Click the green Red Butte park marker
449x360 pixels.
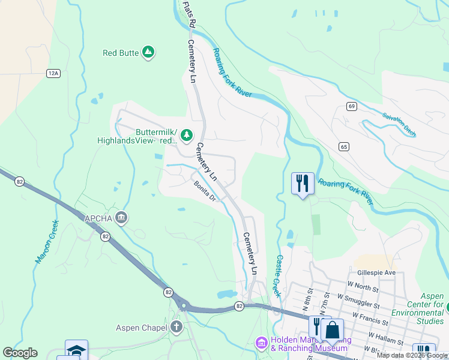[148, 53]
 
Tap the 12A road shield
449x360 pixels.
[53, 73]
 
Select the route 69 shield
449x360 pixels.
[352, 106]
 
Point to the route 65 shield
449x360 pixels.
[343, 146]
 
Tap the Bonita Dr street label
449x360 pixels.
[204, 192]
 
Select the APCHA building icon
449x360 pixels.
[121, 218]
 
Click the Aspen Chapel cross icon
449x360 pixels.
[176, 327]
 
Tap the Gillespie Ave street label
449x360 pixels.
[376, 272]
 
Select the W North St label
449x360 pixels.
[362, 288]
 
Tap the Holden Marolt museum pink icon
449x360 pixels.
[261, 343]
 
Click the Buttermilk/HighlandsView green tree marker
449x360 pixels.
[187, 135]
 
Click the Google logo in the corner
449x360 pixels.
[20, 353]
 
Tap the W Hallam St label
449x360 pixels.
[384, 339]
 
